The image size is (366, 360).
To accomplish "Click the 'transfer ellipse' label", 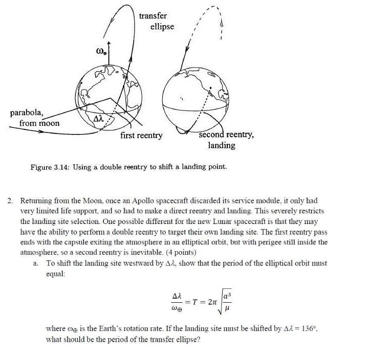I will tap(157, 21).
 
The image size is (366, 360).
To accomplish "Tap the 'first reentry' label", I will tap(141, 136).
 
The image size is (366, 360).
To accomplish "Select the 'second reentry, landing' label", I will tap(225, 140).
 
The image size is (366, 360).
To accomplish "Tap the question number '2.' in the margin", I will tap(11, 200).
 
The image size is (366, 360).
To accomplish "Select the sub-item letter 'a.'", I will tap(36, 263).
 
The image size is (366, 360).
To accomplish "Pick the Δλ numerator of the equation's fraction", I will tap(177, 297).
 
